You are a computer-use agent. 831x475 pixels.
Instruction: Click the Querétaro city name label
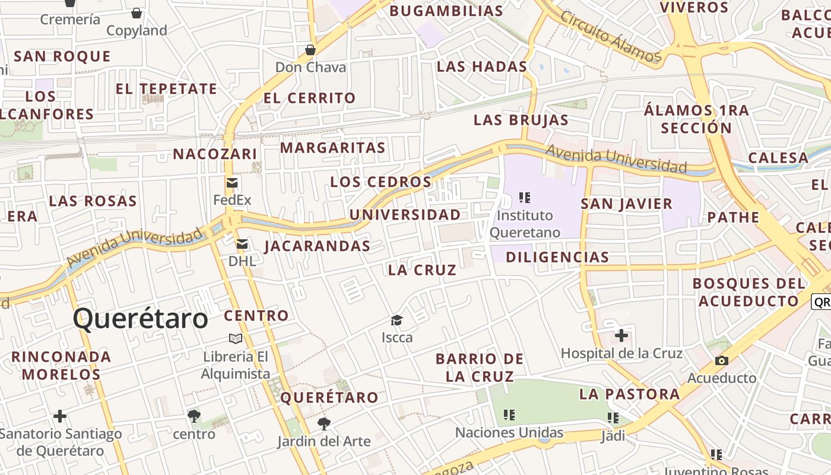coord(141,319)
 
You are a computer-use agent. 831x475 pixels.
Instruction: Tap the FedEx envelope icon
coord(232,182)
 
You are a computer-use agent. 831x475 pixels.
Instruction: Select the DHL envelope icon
coord(242,243)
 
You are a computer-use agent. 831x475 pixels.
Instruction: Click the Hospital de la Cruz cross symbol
coord(621,336)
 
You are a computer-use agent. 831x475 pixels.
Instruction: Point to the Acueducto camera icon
coord(722,360)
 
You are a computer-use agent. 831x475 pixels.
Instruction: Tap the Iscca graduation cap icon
coord(397,321)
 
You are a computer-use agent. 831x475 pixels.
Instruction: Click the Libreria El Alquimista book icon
coord(236,338)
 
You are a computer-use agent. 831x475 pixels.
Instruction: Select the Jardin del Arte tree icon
coord(323,424)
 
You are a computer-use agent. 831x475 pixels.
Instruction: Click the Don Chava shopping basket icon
coord(310,50)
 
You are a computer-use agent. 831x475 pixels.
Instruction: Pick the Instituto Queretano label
coord(525,223)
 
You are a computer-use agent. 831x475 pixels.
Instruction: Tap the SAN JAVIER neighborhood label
coord(626,204)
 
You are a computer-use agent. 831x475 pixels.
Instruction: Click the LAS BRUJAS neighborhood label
coord(521,120)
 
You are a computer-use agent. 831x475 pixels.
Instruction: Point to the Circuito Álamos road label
coord(610,36)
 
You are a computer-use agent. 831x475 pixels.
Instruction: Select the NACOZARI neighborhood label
coord(215,154)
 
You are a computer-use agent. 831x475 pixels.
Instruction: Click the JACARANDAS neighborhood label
coord(317,246)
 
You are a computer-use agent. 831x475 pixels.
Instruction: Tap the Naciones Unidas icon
coord(509,415)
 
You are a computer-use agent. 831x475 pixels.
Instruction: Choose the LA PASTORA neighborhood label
coord(629,394)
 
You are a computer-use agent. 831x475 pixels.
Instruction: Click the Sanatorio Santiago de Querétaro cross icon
coord(60,416)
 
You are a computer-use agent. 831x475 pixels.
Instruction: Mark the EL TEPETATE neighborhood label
coord(166,89)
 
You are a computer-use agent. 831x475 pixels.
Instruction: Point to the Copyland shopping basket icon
coord(137,13)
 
